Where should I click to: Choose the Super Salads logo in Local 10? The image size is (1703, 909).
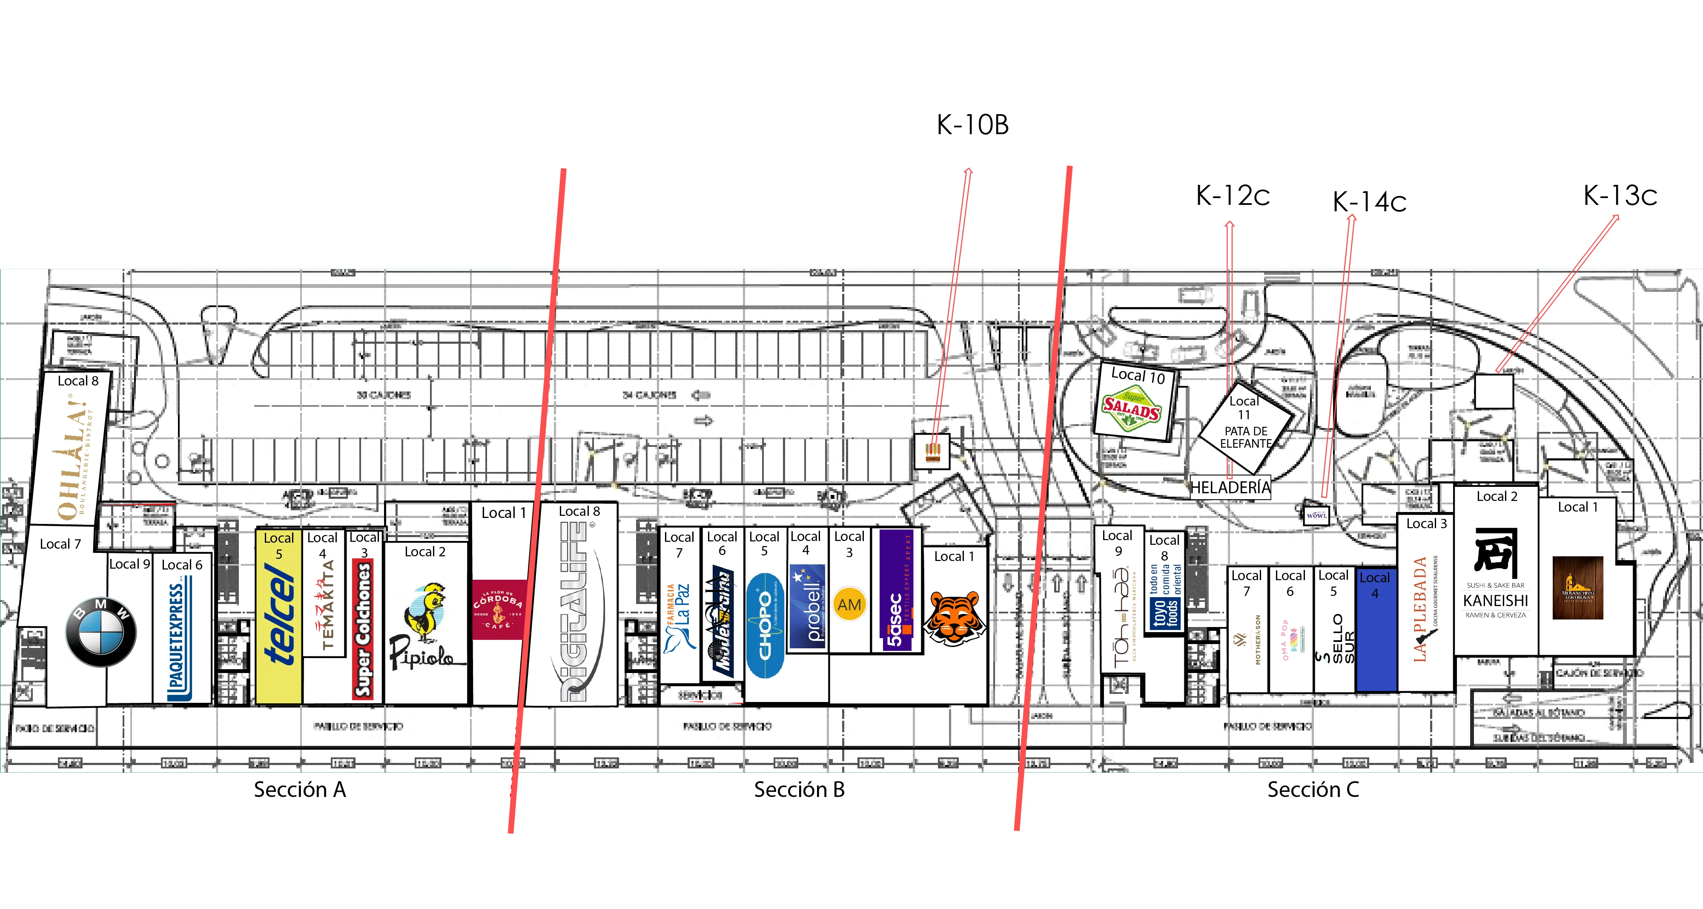click(x=1132, y=408)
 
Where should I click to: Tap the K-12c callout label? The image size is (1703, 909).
click(x=1233, y=196)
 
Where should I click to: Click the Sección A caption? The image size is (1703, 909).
click(x=299, y=789)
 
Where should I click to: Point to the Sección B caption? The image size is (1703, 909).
click(x=799, y=789)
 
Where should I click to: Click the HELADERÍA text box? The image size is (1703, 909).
click(x=1230, y=488)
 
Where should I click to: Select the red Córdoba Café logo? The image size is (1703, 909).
click(x=499, y=609)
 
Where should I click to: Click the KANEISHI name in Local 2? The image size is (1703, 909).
click(x=1495, y=601)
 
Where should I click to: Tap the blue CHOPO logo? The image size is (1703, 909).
click(x=765, y=626)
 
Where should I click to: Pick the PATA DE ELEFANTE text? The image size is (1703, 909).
click(x=1245, y=437)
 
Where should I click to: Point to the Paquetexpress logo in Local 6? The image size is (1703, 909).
click(x=179, y=639)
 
